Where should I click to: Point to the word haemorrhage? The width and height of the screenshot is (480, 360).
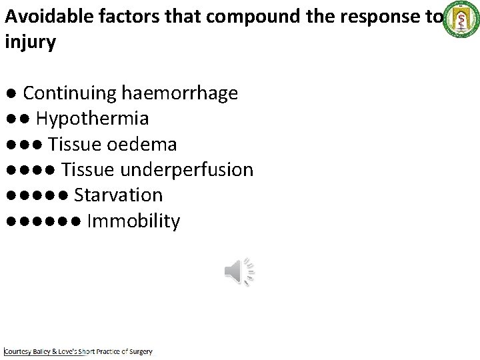179,93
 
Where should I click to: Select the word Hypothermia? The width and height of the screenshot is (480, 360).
92,119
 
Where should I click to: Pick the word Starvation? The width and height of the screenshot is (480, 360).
118,195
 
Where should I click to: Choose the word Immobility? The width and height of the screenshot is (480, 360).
133,221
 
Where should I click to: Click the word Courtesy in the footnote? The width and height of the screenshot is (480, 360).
21,351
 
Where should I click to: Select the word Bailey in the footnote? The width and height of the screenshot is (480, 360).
47,351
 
